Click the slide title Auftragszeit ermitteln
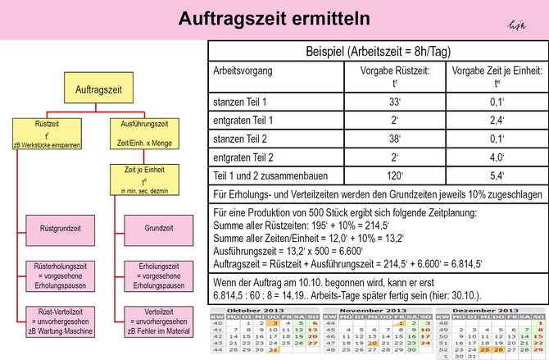(x=274, y=19)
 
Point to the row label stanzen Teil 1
(x=240, y=103)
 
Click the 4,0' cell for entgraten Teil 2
(x=497, y=157)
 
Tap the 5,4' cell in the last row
(x=497, y=175)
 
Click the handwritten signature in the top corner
(x=515, y=27)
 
